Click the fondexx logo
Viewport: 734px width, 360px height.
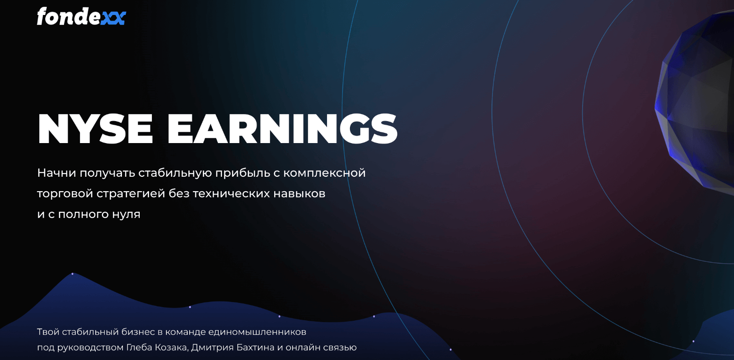pyautogui.click(x=81, y=16)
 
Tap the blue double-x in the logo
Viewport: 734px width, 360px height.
pyautogui.click(x=113, y=19)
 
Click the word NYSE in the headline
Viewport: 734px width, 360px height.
pyautogui.click(x=95, y=129)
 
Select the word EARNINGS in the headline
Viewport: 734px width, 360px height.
pyautogui.click(x=283, y=129)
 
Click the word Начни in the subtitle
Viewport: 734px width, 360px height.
pyautogui.click(x=57, y=173)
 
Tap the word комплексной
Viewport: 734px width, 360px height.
pyautogui.click(x=324, y=173)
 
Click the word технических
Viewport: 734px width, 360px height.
pyautogui.click(x=231, y=194)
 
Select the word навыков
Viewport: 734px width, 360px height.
pyautogui.click(x=299, y=194)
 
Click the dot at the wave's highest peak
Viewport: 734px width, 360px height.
pyautogui.click(x=72, y=274)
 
